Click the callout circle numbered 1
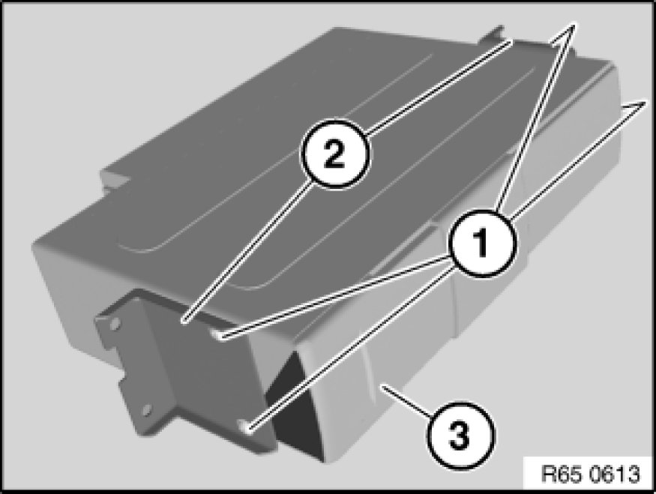[x=482, y=243]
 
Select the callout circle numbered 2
[x=334, y=154]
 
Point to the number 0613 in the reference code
[x=615, y=474]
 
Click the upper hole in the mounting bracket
[x=115, y=323]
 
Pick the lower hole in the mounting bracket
[x=146, y=410]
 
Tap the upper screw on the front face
[x=218, y=334]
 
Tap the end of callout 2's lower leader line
[x=184, y=322]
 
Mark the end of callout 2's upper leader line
[x=511, y=42]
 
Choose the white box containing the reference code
[x=589, y=473]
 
